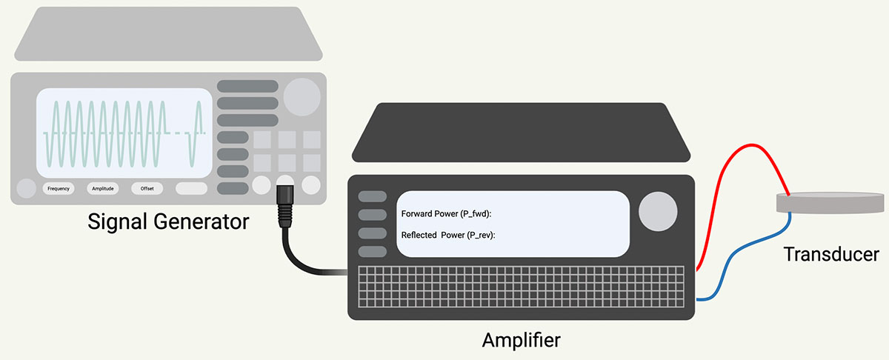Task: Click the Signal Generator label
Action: [x=168, y=221]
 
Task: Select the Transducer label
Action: [x=831, y=255]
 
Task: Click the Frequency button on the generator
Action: [x=59, y=188]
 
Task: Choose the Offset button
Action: [x=147, y=188]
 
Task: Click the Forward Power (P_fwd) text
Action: [x=446, y=214]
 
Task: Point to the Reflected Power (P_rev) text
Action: [x=447, y=235]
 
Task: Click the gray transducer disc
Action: [x=829, y=203]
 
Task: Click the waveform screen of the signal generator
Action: [x=124, y=132]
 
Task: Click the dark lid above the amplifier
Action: [x=521, y=133]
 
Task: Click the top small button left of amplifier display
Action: [x=373, y=196]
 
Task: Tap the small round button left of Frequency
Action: [x=26, y=188]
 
